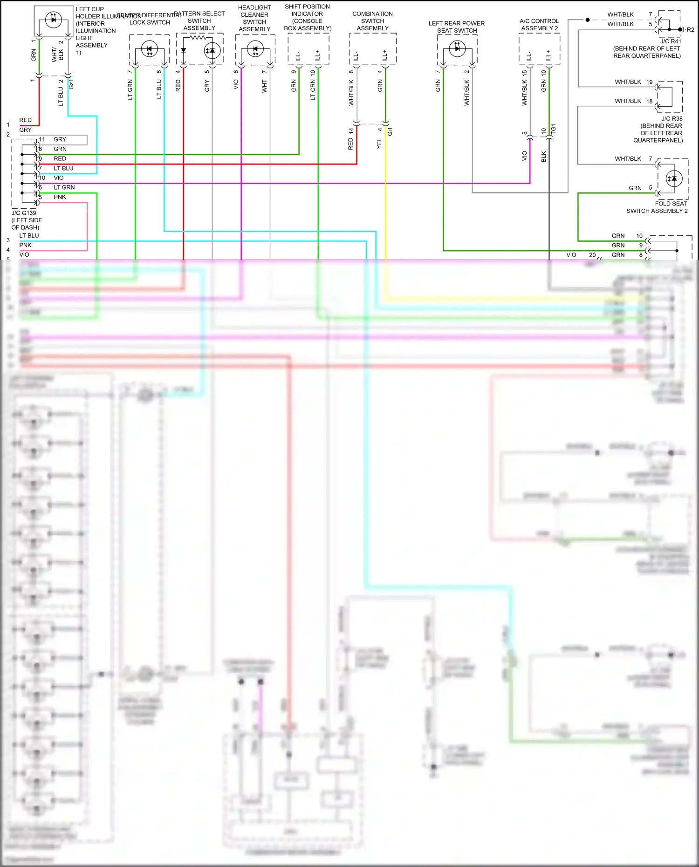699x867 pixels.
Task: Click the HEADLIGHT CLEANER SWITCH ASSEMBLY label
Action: (254, 19)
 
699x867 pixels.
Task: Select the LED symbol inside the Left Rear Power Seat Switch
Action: (457, 48)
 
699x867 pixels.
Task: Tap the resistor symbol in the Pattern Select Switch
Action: (198, 37)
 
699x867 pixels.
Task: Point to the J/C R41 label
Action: (671, 41)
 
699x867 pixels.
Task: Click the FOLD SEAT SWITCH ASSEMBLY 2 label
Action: (657, 207)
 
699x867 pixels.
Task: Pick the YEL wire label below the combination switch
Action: (379, 143)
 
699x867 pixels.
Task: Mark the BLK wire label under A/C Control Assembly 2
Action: (544, 157)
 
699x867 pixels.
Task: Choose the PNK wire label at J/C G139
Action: (60, 197)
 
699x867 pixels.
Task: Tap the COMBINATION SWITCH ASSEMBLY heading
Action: (372, 21)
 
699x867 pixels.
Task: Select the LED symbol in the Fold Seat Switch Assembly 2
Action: (674, 178)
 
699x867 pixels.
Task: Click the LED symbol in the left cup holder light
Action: (53, 19)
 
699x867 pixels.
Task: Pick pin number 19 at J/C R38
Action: (649, 82)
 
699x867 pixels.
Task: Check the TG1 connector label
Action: (554, 129)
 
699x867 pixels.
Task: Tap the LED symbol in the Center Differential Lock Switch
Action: (149, 49)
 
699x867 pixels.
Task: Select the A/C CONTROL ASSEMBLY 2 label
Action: (539, 25)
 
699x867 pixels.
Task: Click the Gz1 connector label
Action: (71, 84)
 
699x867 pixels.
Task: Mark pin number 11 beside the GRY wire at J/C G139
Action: (42, 139)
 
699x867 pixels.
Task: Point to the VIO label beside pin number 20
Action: (571, 255)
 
